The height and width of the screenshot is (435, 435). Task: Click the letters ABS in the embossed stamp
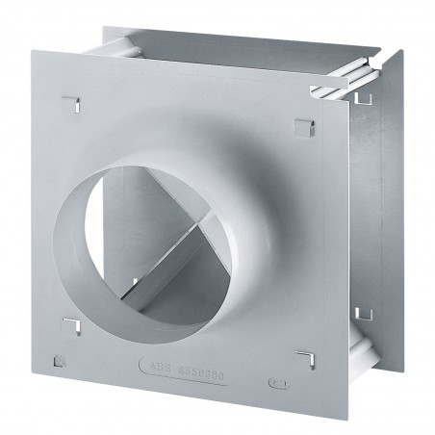click(182, 392)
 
